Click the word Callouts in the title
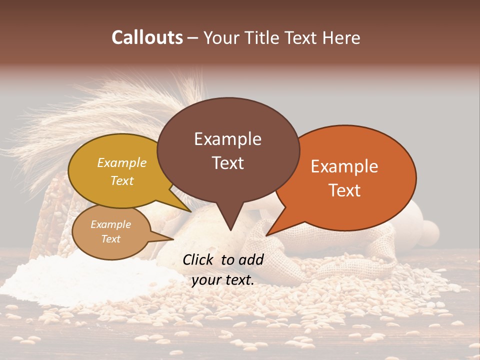pyautogui.click(x=147, y=37)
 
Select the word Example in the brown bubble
pyautogui.click(x=227, y=139)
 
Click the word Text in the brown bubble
pyautogui.click(x=227, y=163)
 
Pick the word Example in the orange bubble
pyautogui.click(x=344, y=166)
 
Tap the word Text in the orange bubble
pyautogui.click(x=344, y=190)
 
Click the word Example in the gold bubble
pyautogui.click(x=122, y=163)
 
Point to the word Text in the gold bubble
pyautogui.click(x=122, y=181)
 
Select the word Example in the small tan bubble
pyautogui.click(x=111, y=224)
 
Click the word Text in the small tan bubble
pyautogui.click(x=111, y=239)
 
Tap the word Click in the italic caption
pyautogui.click(x=199, y=259)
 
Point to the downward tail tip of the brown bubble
pyautogui.click(x=230, y=230)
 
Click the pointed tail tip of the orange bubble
pyautogui.click(x=266, y=235)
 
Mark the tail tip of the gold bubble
pyautogui.click(x=190, y=211)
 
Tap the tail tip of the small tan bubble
pyautogui.click(x=173, y=239)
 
